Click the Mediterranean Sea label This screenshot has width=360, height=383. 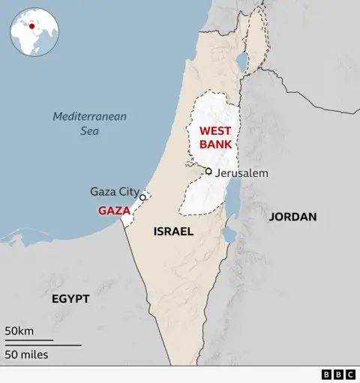coord(90,123)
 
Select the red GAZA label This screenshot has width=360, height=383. coord(115,211)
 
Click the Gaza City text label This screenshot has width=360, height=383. coord(114,191)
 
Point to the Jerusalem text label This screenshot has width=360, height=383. coord(241,173)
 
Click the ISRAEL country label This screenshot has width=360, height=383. coord(173,232)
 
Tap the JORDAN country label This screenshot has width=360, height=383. coord(292,217)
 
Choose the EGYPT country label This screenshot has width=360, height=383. coord(70,299)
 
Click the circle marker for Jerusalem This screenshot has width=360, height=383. coord(208,171)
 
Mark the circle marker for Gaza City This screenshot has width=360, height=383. coord(142,197)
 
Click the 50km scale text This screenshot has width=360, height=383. coord(19,331)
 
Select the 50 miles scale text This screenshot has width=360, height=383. coord(26,355)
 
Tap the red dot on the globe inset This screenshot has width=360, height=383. coord(32,28)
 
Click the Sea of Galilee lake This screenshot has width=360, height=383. coord(241,59)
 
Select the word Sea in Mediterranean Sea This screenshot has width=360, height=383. coord(90,131)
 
